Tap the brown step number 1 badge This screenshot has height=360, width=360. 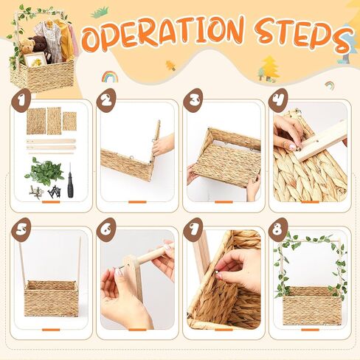click(x=21, y=100)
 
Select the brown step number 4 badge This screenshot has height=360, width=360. click(x=278, y=100)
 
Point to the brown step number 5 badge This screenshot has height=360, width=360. click(x=21, y=229)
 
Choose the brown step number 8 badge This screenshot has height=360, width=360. click(x=278, y=229)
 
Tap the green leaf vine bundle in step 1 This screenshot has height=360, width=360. click(x=44, y=171)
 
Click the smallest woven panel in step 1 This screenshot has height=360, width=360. click(x=69, y=121)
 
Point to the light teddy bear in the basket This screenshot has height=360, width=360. click(x=27, y=46)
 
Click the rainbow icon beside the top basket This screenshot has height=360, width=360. click(x=110, y=77)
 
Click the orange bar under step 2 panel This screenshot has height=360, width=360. click(x=137, y=202)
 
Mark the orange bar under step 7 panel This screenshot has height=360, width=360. click(x=224, y=330)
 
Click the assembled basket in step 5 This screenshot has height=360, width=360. click(x=51, y=298)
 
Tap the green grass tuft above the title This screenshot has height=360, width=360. click(x=100, y=12)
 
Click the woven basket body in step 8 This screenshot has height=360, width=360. click(x=312, y=305)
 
